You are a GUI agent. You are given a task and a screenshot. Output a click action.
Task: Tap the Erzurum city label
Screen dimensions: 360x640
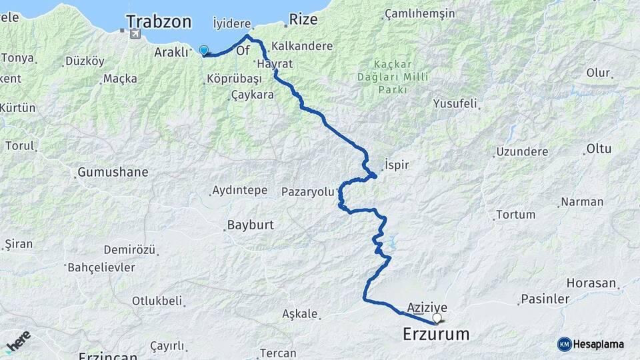pyautogui.click(x=436, y=333)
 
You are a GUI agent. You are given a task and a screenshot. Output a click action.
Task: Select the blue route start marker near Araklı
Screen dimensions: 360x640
pyautogui.click(x=203, y=50)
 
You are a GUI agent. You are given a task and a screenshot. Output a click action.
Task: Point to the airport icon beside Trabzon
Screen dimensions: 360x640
pyautogui.click(x=136, y=33)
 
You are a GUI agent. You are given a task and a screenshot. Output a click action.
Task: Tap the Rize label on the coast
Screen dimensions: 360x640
pyautogui.click(x=303, y=19)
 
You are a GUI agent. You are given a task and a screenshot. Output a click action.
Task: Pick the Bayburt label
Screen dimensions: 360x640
pyautogui.click(x=251, y=225)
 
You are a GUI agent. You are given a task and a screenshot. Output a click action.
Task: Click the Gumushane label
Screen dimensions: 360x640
pyautogui.click(x=113, y=172)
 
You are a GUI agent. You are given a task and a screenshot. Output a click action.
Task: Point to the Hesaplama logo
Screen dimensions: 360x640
pyautogui.click(x=591, y=344)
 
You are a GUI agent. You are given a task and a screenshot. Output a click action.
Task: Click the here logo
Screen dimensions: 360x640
pyautogui.click(x=18, y=341)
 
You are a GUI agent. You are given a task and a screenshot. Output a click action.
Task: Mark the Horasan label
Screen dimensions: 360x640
pyautogui.click(x=593, y=283)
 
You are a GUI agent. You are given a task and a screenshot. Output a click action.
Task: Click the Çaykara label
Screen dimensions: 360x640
pyautogui.click(x=253, y=95)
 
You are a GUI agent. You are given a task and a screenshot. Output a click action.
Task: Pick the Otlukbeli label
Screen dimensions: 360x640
pyautogui.click(x=157, y=301)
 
